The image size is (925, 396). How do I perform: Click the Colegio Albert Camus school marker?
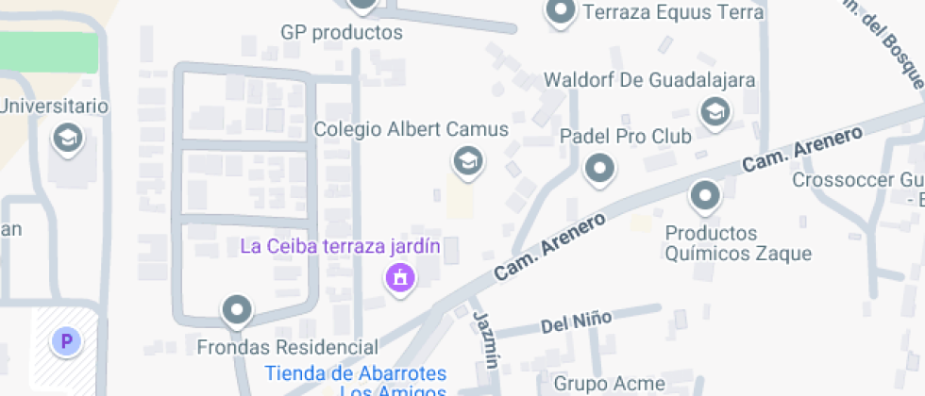466,162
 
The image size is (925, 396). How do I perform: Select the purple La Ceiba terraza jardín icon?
401,278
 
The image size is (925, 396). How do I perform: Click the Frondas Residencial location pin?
236,309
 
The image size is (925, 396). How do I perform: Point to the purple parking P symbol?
66,341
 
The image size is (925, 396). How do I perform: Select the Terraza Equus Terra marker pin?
562,12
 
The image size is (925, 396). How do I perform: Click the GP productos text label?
342,33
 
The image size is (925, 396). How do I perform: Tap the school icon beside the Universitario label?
68,138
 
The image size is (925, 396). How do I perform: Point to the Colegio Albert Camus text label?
411,129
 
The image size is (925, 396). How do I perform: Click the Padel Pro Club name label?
626,137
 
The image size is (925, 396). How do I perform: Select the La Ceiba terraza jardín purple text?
341,247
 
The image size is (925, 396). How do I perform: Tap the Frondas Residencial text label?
287,347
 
